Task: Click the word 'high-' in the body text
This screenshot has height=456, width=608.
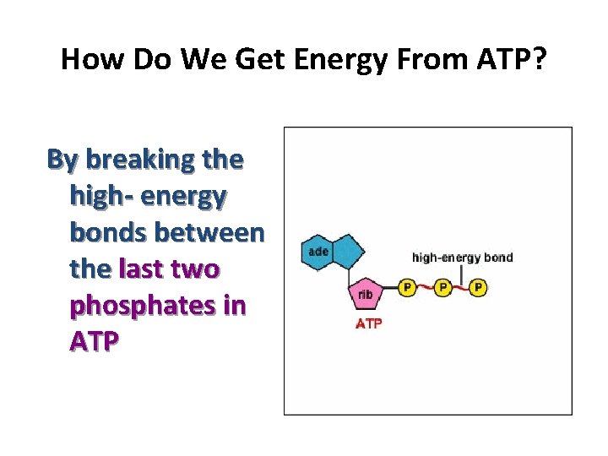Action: pyautogui.click(x=100, y=196)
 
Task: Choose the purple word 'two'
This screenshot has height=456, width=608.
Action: pyautogui.click(x=197, y=269)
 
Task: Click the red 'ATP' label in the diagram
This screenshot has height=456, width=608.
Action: pyautogui.click(x=368, y=323)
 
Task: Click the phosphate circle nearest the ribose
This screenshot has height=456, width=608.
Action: pyautogui.click(x=407, y=288)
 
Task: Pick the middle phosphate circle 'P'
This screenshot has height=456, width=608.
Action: pyautogui.click(x=442, y=288)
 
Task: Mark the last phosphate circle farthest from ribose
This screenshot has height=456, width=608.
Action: pyautogui.click(x=478, y=288)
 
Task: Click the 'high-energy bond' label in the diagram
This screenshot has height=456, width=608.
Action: pyautogui.click(x=462, y=258)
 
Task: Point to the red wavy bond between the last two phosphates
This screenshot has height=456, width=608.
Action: pyautogui.click(x=460, y=288)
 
